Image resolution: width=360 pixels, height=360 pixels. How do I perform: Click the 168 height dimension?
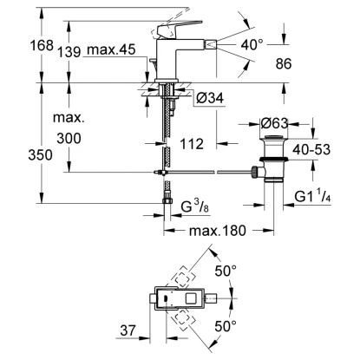42,45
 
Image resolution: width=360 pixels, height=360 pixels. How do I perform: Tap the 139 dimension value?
69,52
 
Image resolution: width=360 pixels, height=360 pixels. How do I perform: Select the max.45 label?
111,49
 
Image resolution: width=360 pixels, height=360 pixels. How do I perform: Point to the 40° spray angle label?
252,44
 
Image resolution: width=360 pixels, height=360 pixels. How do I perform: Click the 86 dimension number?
284,63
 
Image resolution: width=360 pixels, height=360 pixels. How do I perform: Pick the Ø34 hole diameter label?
210,98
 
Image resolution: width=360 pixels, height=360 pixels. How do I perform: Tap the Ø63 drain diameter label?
274,123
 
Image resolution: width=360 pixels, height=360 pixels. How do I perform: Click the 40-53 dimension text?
311,149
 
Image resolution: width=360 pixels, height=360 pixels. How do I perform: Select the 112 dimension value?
192,144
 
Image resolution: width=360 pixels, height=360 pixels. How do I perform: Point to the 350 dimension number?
41,155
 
